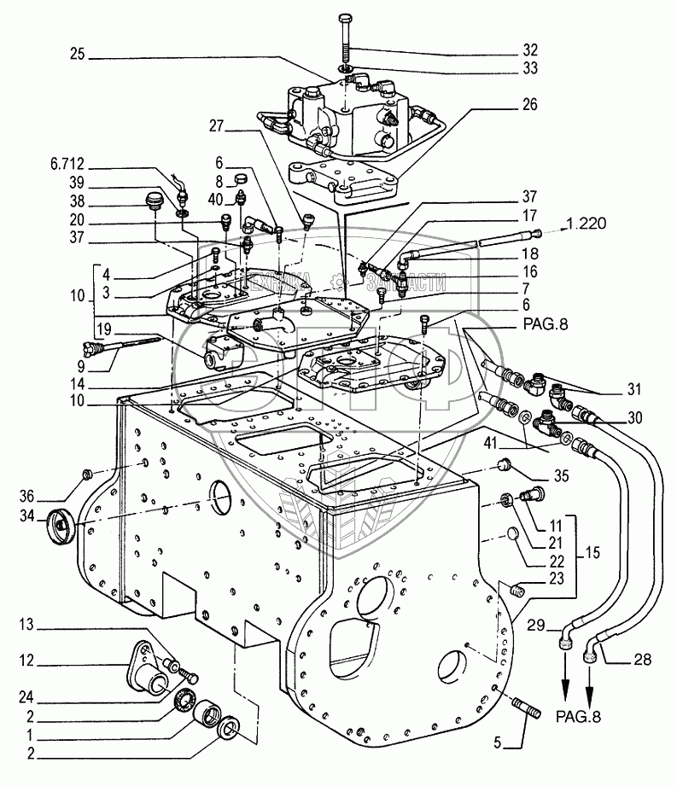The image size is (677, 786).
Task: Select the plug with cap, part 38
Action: pyautogui.click(x=152, y=203)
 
